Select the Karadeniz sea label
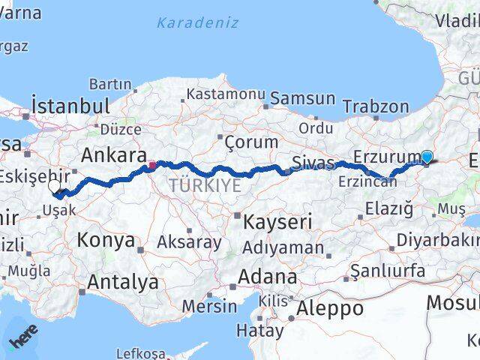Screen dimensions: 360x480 tap(197, 22)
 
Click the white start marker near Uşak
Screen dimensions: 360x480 tap(55, 187)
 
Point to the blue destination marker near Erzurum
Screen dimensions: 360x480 tap(427, 157)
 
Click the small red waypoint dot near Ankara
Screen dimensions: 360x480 tap(152, 165)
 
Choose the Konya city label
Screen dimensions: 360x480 tap(107, 241)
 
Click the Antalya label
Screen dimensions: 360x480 tap(123, 282)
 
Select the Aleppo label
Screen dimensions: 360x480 tap(330, 307)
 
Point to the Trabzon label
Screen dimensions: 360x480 tap(376, 106)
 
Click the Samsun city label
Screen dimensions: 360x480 tap(302, 98)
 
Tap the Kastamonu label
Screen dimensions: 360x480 tap(226, 94)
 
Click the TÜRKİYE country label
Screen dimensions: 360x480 tap(205, 184)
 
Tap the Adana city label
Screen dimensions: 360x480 tap(267, 276)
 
